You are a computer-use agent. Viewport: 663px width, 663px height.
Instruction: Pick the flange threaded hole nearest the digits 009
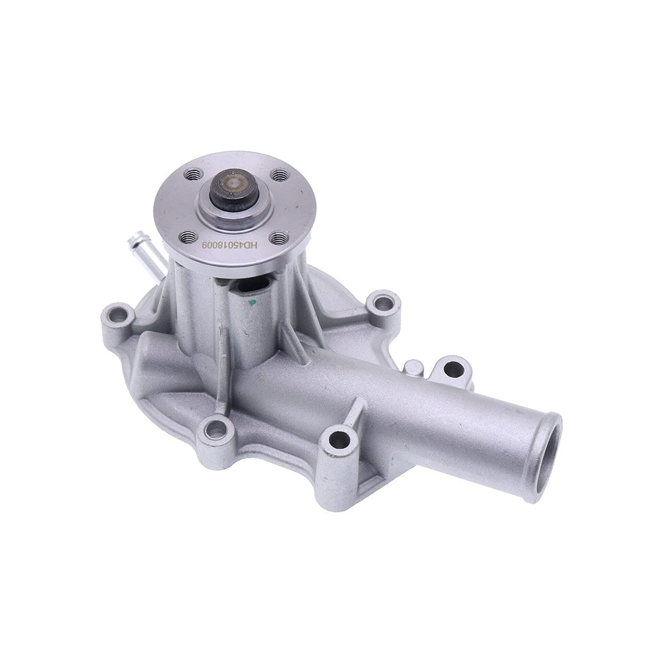click(188, 236)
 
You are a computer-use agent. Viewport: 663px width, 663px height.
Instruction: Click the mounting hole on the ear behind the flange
click(383, 304)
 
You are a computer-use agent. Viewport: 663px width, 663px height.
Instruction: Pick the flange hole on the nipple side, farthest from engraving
click(193, 175)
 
